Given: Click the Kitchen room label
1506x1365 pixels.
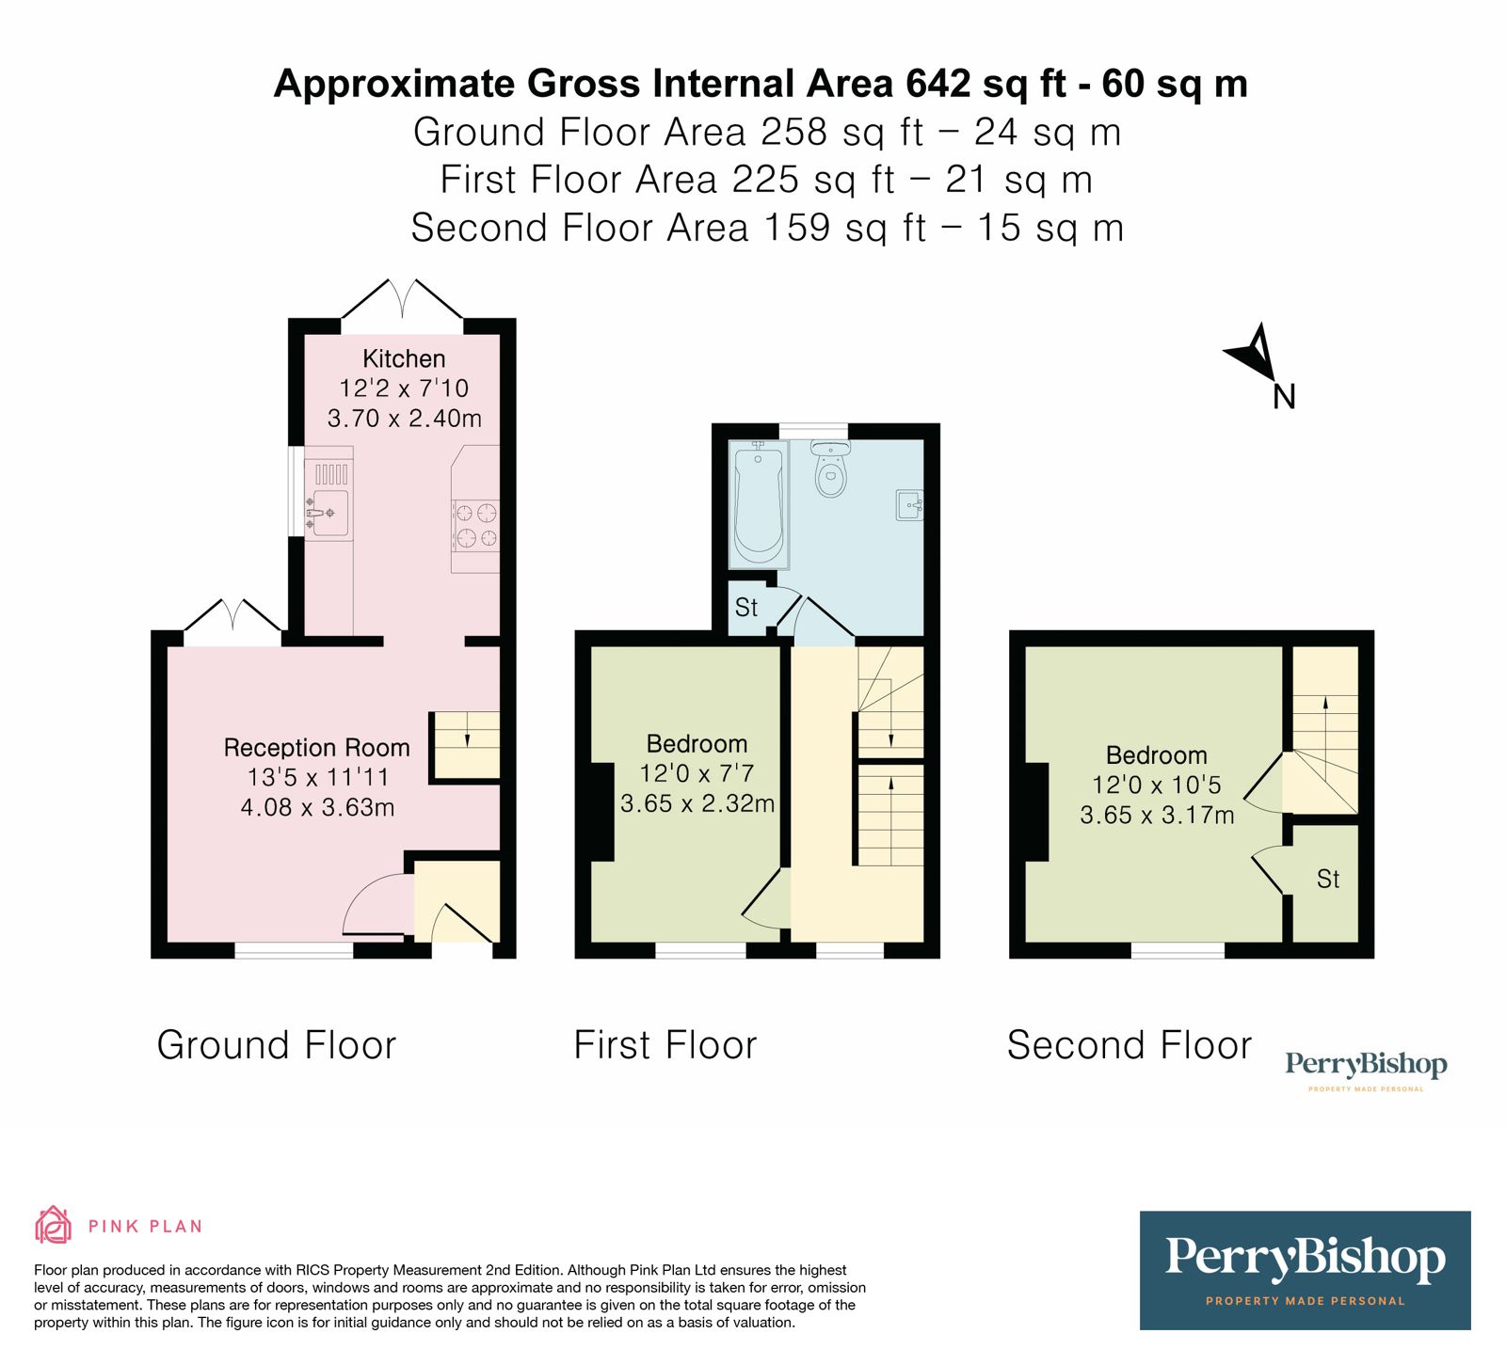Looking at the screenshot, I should [x=404, y=358].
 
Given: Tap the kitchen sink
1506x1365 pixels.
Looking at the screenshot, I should [x=329, y=513].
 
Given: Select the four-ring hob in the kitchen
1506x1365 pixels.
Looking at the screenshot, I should [x=475, y=526].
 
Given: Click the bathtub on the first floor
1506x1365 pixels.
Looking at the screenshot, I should [x=758, y=505].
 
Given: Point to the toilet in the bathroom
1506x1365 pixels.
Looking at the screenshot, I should [x=830, y=469].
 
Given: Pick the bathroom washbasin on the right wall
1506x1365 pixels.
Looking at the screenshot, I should [x=909, y=505].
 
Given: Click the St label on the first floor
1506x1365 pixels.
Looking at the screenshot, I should [x=746, y=608].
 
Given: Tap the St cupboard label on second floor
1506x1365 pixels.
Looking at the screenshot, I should [x=1327, y=879].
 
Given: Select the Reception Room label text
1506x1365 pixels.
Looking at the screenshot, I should [x=316, y=748].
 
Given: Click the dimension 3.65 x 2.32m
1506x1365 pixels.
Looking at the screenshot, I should [x=697, y=803].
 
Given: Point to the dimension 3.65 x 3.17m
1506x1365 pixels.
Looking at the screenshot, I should [x=1157, y=815].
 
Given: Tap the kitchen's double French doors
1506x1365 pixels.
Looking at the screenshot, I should [x=402, y=301].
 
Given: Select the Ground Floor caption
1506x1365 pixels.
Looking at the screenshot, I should [x=277, y=1045].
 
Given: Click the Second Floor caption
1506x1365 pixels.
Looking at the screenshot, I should [x=1129, y=1045].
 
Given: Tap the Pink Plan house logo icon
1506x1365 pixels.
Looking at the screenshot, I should [x=54, y=1225].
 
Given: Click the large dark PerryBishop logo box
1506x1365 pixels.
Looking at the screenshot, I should [x=1305, y=1270].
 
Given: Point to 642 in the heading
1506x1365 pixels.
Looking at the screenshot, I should [x=937, y=84].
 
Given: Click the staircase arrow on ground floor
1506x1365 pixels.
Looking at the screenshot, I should [x=468, y=738].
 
